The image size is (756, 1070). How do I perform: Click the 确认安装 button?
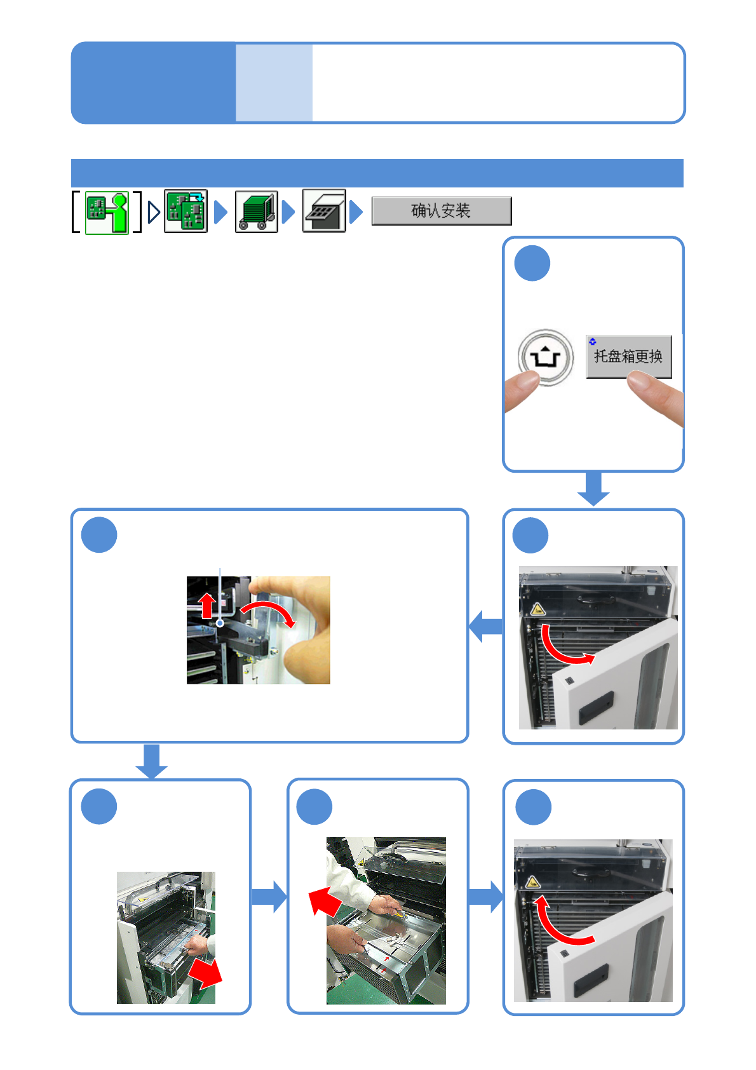441,211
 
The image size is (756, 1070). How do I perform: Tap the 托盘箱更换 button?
628,356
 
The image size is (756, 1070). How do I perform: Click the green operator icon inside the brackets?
107,213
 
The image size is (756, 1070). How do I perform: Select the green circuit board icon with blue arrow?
186,211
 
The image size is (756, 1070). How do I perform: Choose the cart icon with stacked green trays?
256,212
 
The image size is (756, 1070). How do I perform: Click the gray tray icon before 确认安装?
324,211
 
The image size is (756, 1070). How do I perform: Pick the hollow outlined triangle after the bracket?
153,212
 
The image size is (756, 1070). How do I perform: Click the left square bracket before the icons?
76,212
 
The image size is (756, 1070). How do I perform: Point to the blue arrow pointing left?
485,626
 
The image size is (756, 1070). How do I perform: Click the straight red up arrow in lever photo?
207,605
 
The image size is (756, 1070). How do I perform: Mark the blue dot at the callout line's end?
220,623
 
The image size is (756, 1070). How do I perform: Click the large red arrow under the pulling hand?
205,973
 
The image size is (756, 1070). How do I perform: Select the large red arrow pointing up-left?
325,900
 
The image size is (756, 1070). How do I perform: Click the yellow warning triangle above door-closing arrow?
532,882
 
